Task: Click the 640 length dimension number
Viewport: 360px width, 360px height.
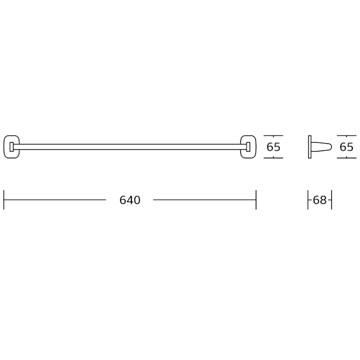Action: pos(130,200)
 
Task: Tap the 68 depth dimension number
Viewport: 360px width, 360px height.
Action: pos(319,200)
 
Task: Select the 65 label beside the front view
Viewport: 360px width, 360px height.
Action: pos(273,147)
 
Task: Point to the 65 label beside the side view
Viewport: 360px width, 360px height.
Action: pos(346,147)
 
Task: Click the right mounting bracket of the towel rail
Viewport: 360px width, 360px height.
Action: pos(248,147)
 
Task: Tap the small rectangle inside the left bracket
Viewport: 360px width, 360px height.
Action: pos(12,147)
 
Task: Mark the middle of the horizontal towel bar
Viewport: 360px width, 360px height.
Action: pos(130,146)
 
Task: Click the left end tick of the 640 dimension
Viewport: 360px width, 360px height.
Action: pos(4,200)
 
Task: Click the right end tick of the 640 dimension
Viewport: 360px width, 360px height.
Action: pos(256,200)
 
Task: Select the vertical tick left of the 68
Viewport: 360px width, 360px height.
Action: pos(308,200)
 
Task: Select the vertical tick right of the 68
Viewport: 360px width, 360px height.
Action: pos(332,200)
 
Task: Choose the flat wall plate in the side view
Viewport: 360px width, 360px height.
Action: pos(310,147)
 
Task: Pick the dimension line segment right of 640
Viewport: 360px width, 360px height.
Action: pos(204,200)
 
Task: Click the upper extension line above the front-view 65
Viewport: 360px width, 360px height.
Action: pos(273,135)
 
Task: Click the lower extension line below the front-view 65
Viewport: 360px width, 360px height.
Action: pos(273,158)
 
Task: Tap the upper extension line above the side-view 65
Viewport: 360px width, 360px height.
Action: pos(346,135)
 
